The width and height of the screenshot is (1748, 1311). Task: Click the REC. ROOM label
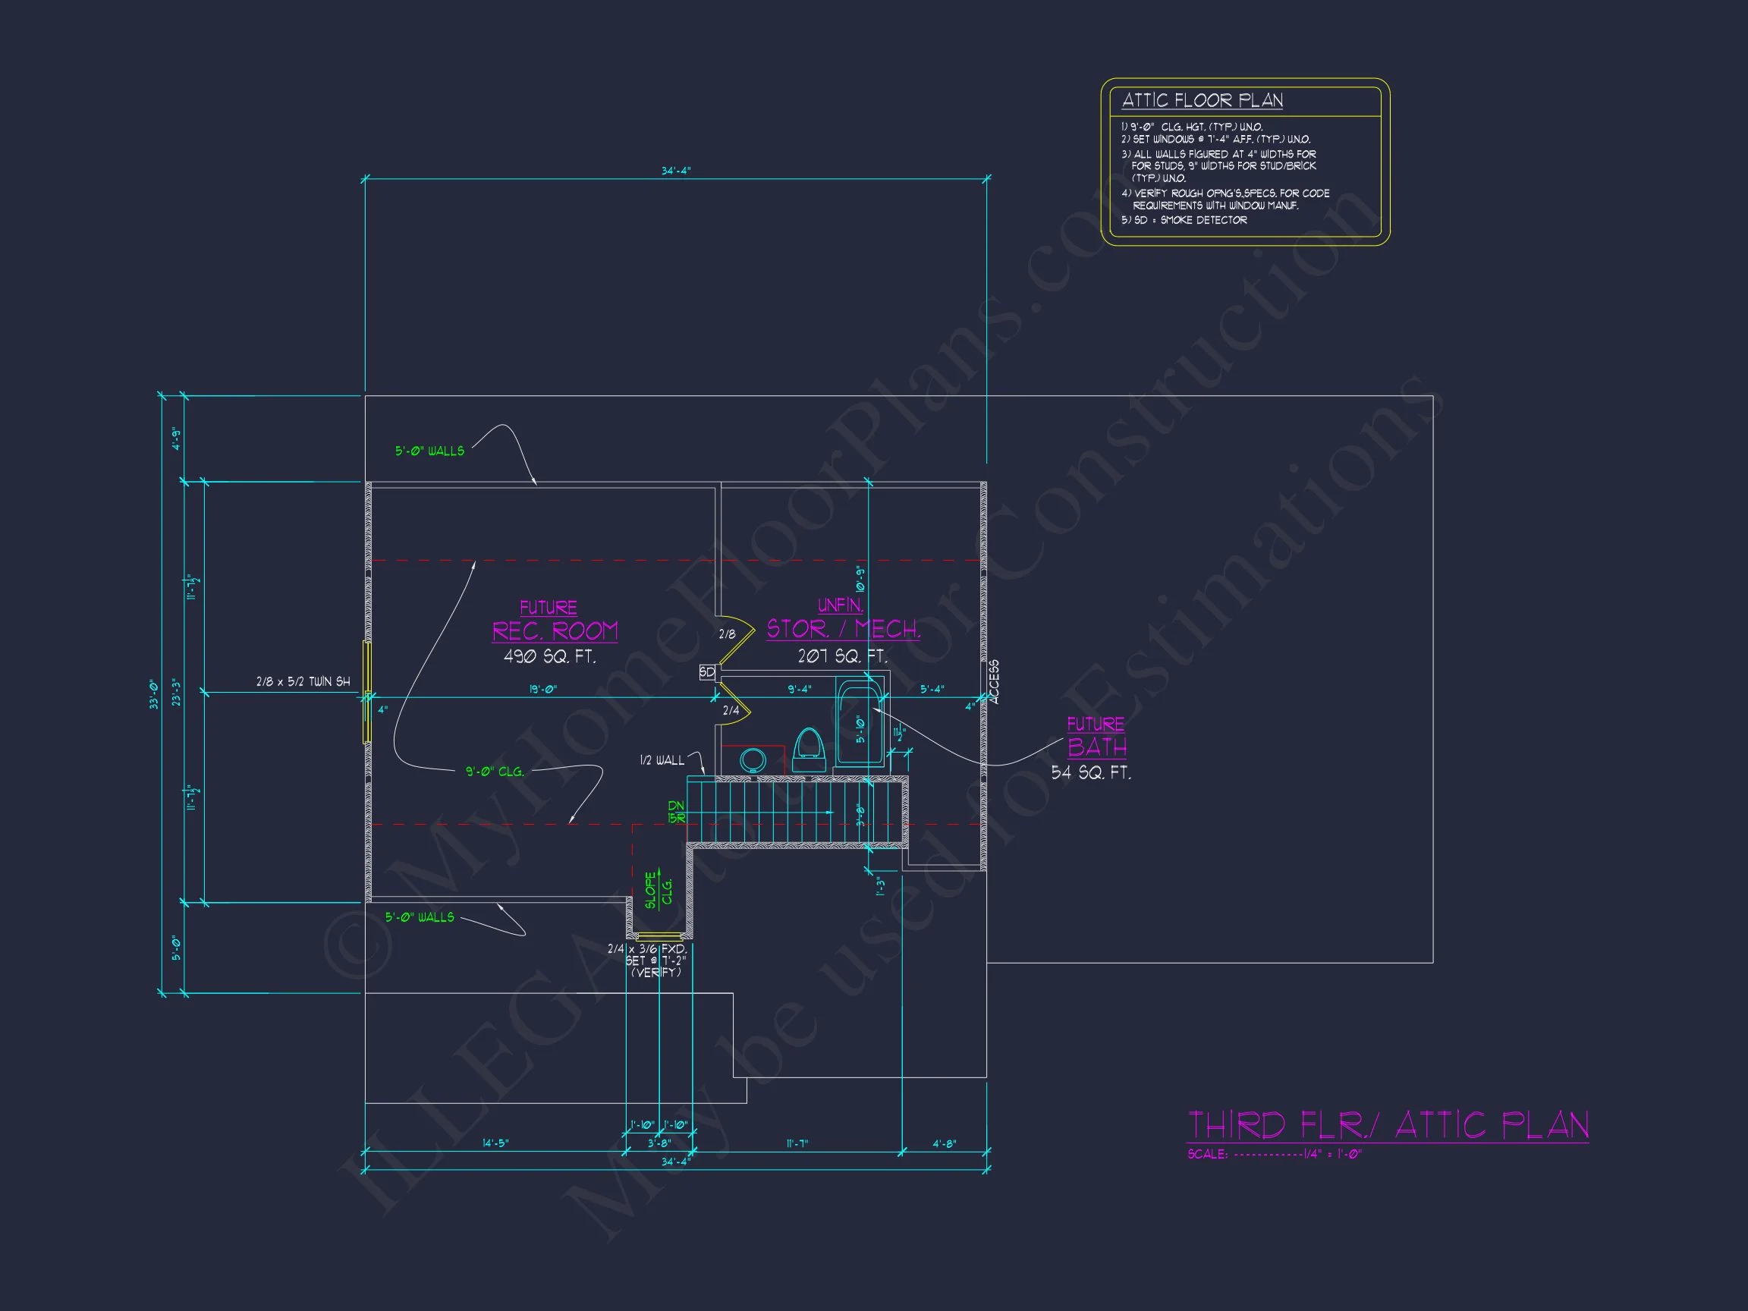[555, 631]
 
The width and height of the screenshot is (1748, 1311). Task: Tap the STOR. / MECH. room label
[843, 629]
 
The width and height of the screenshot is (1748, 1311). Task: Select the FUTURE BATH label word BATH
[1097, 747]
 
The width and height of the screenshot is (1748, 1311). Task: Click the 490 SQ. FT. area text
[549, 657]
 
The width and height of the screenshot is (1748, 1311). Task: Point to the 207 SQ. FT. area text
[842, 656]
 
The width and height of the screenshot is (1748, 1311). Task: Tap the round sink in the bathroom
[753, 760]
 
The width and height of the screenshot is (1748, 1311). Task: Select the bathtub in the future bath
[859, 722]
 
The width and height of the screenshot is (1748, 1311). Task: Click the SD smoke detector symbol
[707, 672]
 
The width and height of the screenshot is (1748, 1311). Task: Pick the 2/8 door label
[727, 633]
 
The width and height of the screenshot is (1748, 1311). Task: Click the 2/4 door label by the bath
[731, 710]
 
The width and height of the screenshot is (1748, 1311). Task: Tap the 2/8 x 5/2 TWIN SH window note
[303, 681]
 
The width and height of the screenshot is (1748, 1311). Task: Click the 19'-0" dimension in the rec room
[543, 689]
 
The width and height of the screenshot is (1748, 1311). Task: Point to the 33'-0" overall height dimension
[155, 695]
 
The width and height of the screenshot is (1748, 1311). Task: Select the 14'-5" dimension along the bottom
[495, 1143]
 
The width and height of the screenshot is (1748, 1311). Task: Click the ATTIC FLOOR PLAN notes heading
[1202, 100]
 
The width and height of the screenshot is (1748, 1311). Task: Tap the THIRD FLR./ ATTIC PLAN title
[1388, 1125]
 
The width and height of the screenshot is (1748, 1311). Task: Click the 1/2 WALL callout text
[662, 760]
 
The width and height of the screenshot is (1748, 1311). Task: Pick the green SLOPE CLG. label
[658, 890]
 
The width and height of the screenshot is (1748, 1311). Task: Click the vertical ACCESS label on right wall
[994, 682]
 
